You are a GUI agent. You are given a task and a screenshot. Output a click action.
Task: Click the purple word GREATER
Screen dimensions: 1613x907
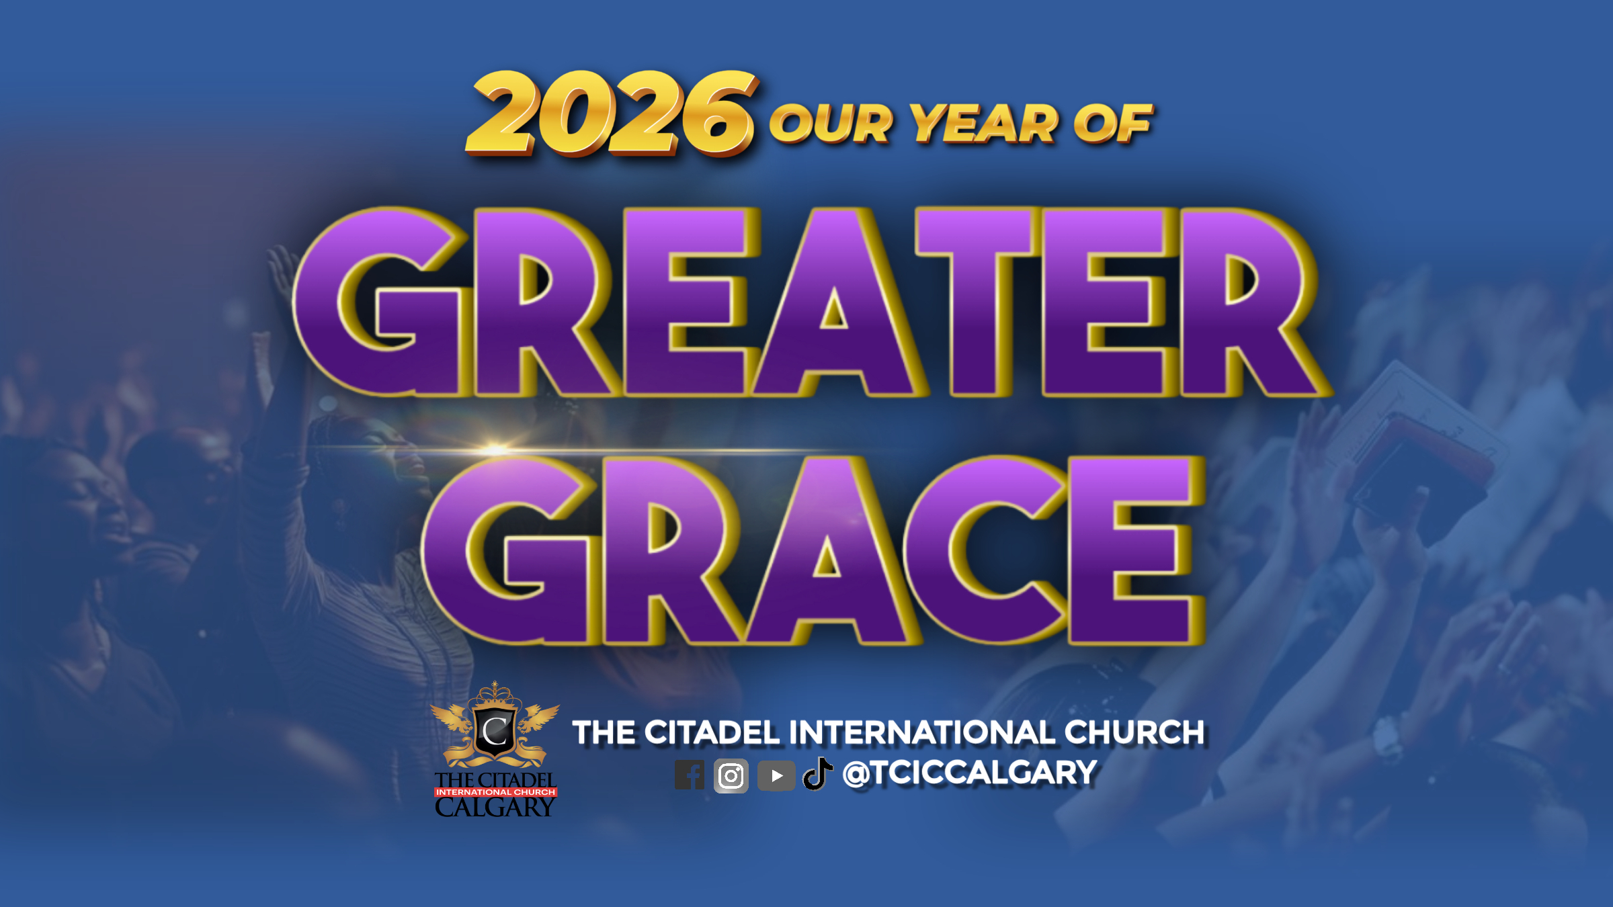[812, 302]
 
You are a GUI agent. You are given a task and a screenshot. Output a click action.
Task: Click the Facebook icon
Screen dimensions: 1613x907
[690, 775]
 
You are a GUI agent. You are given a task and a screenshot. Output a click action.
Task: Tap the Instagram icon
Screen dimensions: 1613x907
[731, 776]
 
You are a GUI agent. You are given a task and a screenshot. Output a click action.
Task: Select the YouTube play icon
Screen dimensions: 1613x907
[776, 776]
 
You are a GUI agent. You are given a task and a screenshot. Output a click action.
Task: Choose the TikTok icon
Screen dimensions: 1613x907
[818, 774]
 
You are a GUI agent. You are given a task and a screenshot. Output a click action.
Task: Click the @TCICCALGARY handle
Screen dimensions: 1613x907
[970, 773]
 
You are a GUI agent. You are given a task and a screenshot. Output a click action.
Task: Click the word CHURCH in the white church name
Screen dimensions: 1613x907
[1135, 732]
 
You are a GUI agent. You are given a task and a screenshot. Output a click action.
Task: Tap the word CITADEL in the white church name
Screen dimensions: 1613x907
[712, 732]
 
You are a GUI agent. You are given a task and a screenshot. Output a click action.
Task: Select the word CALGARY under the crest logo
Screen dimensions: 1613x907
[495, 808]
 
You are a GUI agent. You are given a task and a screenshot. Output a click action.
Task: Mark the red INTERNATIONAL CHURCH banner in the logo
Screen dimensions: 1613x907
[495, 792]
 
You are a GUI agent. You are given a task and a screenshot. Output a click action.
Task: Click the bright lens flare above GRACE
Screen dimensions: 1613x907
[496, 448]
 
